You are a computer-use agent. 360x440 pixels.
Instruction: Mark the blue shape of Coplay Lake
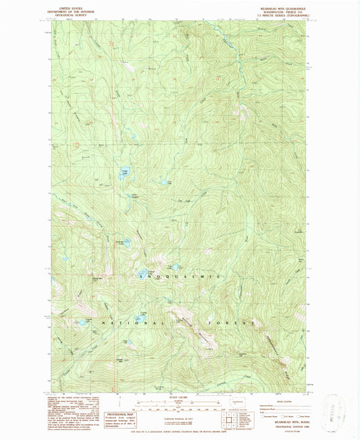80,322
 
